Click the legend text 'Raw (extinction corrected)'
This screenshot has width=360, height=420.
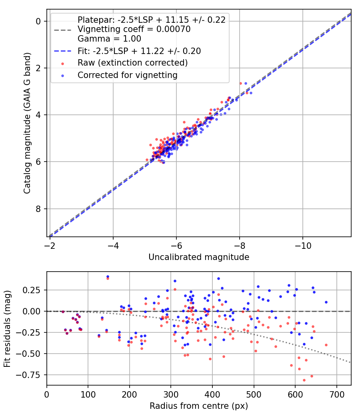pyautogui.click(x=132, y=63)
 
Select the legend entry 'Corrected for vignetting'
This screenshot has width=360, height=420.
pyautogui.click(x=128, y=75)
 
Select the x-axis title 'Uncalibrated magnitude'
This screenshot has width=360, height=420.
pyautogui.click(x=199, y=257)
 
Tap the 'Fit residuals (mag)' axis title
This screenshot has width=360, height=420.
pyautogui.click(x=7, y=328)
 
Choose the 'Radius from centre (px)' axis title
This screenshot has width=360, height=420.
pyautogui.click(x=199, y=406)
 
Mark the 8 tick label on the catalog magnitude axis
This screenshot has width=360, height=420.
pyautogui.click(x=39, y=209)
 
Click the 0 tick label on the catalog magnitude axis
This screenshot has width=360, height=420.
pyautogui.click(x=39, y=21)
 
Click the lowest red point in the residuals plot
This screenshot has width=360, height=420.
pyautogui.click(x=304, y=380)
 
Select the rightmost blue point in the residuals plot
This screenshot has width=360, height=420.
pyautogui.click(x=326, y=302)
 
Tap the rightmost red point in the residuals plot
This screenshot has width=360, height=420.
pyautogui.click(x=326, y=345)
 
